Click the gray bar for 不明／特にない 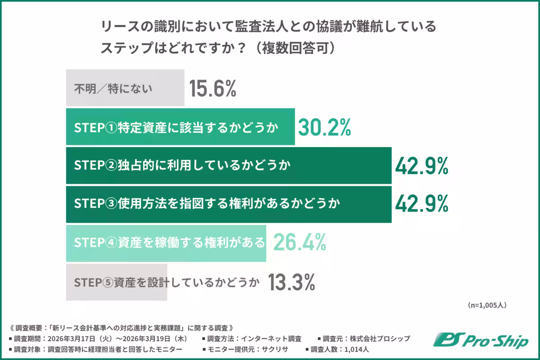pos(125,88)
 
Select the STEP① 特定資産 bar pos(180,127)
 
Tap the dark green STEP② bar pos(229,166)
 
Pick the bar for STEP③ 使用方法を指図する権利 pos(229,204)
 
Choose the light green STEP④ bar pos(166,243)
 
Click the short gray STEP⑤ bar pos(117,282)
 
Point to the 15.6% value pos(212,88)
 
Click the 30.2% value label pos(324,127)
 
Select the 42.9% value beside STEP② pos(422,166)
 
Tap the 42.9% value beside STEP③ pos(422,205)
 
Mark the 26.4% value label pos(299,243)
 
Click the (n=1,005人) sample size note pos(487,305)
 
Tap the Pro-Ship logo pos(481,342)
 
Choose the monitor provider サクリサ pos(273,349)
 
